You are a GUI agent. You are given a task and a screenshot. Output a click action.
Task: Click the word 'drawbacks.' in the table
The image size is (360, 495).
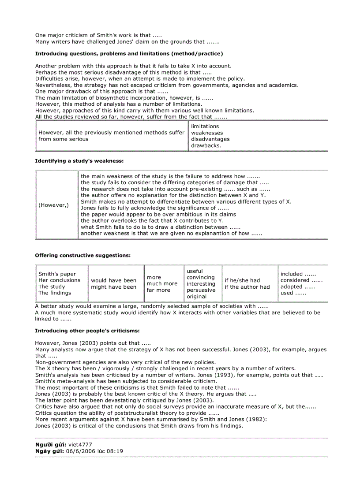click(206, 145)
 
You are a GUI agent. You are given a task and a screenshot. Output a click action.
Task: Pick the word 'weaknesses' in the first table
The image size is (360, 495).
click(207, 133)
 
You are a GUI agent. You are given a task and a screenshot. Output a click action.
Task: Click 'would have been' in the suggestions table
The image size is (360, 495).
click(113, 280)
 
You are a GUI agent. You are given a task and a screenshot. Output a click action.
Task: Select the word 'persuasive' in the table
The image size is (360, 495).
click(201, 290)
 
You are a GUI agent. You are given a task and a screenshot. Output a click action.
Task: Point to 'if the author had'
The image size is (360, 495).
click(247, 287)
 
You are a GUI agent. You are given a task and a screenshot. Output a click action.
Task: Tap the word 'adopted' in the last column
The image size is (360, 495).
click(291, 287)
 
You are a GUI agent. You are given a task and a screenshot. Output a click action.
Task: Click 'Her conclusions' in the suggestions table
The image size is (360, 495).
click(59, 280)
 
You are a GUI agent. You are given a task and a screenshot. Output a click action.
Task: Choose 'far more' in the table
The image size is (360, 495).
click(158, 290)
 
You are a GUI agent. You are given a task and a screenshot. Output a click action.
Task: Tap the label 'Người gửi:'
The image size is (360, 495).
click(50, 445)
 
